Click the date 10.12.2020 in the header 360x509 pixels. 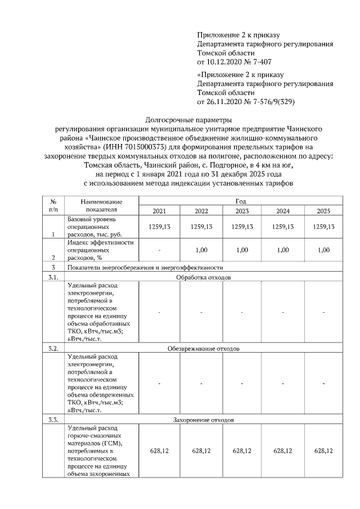(x=223, y=61)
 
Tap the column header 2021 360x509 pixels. (x=160, y=211)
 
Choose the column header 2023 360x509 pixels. (x=242, y=211)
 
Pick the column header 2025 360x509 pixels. (x=324, y=211)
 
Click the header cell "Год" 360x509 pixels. (x=242, y=200)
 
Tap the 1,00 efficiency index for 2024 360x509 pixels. (x=283, y=250)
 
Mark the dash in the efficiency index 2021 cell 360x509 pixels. (x=160, y=250)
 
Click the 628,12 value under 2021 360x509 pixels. (x=160, y=451)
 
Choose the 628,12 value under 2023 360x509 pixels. (x=242, y=451)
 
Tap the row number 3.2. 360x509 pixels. (x=53, y=349)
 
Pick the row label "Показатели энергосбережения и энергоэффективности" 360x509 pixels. (x=145, y=267)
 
